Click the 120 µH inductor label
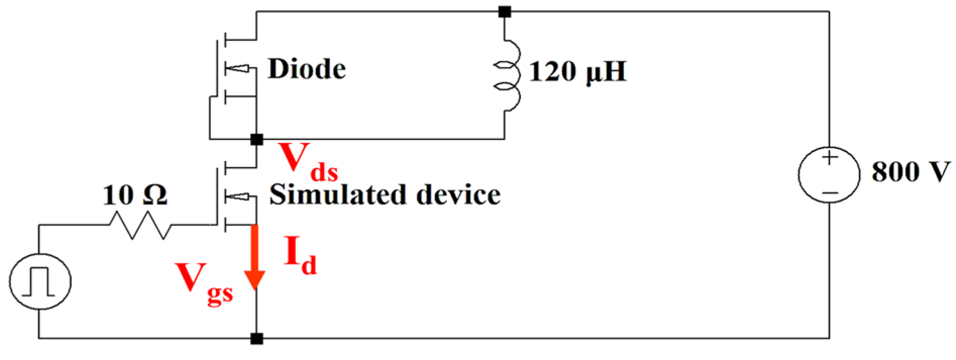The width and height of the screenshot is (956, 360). (x=577, y=71)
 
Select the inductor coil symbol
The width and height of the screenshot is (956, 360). (x=508, y=75)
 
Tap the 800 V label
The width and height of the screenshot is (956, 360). (x=910, y=172)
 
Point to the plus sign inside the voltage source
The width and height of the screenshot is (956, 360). (x=829, y=158)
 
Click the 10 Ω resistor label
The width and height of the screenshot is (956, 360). (x=135, y=195)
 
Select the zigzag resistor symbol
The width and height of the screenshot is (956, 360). (x=140, y=225)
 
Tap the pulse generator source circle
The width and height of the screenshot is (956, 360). (x=40, y=282)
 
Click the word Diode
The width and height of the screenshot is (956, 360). (x=306, y=69)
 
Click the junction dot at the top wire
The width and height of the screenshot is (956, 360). (x=504, y=12)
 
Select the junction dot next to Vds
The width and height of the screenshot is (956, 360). (x=257, y=139)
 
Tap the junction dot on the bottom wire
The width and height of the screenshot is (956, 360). (x=257, y=338)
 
